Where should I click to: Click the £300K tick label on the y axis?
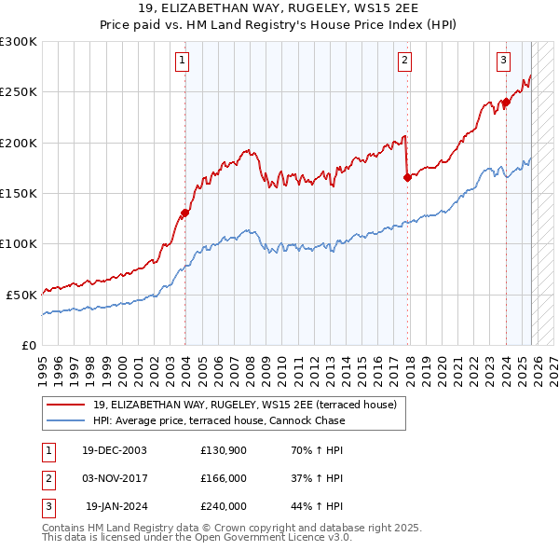coord(19,42)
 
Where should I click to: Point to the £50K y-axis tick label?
coord(21,295)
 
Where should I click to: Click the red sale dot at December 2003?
coord(185,213)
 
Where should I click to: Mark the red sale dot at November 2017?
coord(407,177)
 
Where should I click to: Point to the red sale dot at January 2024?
coord(506,103)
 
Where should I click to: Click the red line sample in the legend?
coord(66,405)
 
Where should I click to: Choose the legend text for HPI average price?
coord(219,420)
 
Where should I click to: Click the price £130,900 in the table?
coord(224,450)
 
